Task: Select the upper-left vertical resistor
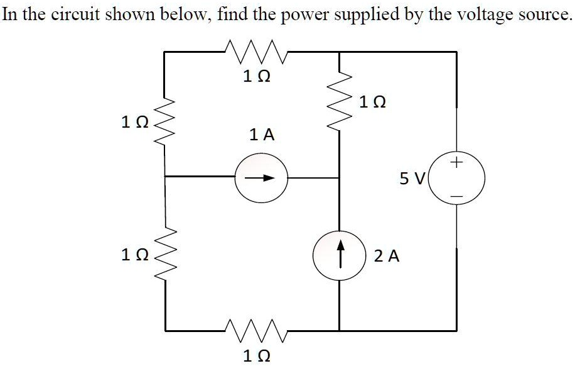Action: pyautogui.click(x=164, y=121)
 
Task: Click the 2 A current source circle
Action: pyautogui.click(x=340, y=257)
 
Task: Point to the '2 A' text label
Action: pyautogui.click(x=387, y=257)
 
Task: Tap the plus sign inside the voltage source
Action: pyautogui.click(x=457, y=164)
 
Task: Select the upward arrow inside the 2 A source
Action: pyautogui.click(x=340, y=255)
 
